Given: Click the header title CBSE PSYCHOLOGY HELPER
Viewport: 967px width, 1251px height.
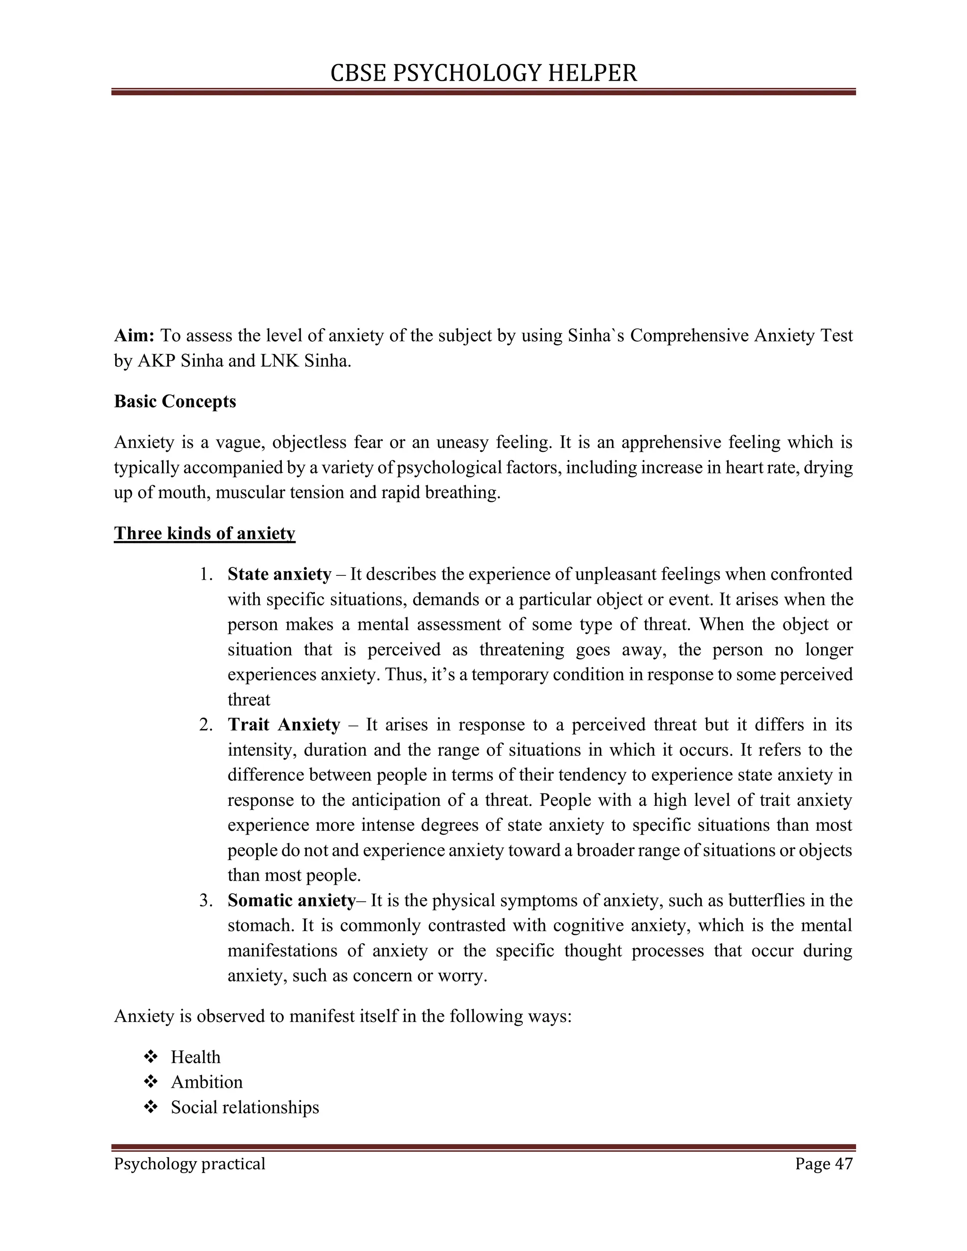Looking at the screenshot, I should tap(483, 73).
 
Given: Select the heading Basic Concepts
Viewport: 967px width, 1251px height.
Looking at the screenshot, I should tap(175, 402).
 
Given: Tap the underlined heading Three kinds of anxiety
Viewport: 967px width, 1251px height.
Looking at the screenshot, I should tap(204, 533).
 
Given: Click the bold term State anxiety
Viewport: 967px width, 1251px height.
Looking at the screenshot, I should tap(280, 574).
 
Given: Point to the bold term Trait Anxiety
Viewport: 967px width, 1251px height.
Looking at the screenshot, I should tap(284, 725).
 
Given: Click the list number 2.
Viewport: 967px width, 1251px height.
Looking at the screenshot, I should tap(206, 725).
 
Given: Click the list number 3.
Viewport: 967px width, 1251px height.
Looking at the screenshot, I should tap(206, 900).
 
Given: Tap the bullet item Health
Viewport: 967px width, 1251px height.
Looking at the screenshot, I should tap(195, 1057).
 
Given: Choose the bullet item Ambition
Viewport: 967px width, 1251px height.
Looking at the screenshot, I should tap(207, 1082).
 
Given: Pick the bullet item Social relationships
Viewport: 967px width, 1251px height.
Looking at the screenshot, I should tap(245, 1107).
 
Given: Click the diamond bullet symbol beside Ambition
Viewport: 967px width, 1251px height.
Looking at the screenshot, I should tap(151, 1082).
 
